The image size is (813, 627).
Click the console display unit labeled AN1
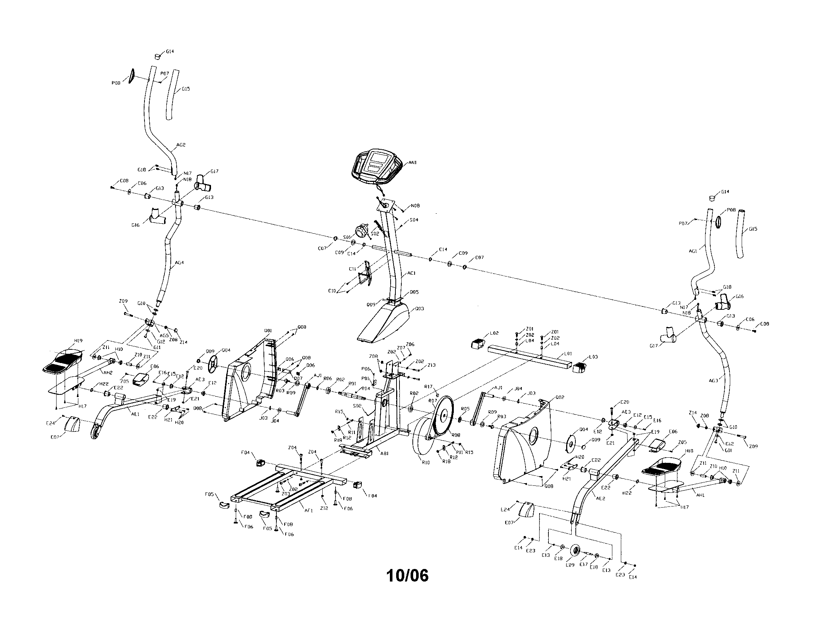point(376,167)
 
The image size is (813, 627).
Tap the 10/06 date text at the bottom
point(407,576)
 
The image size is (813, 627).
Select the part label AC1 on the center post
point(411,273)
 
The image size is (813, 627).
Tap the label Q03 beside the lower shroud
point(419,309)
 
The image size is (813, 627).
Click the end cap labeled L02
point(478,343)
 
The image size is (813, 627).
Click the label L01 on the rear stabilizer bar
point(568,353)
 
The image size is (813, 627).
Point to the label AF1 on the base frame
point(309,511)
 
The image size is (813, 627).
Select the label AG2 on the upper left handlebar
point(181,145)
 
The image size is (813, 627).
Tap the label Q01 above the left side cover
point(268,331)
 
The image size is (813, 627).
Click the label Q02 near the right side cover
point(559,397)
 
